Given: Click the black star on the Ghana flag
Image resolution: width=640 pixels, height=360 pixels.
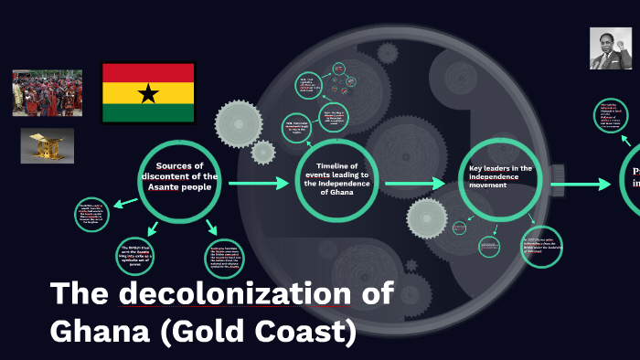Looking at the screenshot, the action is point(148,92).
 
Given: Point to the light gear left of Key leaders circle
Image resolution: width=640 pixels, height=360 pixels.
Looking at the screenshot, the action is point(426,219).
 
